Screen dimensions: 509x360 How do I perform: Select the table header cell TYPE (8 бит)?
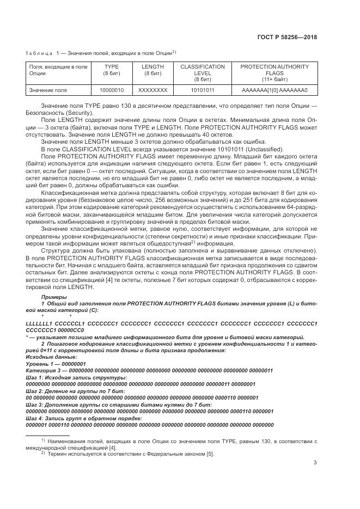click(x=111, y=73)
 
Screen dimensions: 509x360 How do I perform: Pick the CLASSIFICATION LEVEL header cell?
click(x=203, y=73)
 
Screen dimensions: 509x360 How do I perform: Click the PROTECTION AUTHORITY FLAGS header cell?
click(x=274, y=73)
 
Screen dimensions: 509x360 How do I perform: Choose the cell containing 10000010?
click(x=111, y=90)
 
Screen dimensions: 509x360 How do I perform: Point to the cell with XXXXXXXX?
click(x=152, y=90)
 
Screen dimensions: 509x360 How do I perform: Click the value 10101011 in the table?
click(x=203, y=90)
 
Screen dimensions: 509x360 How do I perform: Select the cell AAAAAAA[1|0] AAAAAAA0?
click(x=274, y=90)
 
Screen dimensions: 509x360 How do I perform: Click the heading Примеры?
click(x=52, y=297)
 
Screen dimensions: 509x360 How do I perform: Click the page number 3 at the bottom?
click(x=315, y=463)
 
